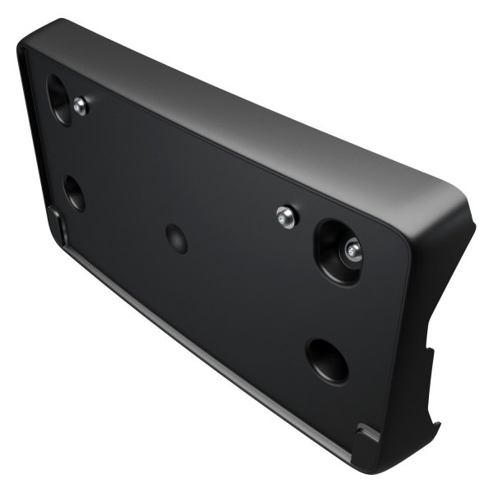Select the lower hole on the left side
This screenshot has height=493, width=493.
(x=74, y=193)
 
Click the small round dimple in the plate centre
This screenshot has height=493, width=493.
(x=177, y=238)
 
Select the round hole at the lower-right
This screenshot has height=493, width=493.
(x=326, y=360)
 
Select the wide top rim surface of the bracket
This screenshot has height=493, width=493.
(x=246, y=107)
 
